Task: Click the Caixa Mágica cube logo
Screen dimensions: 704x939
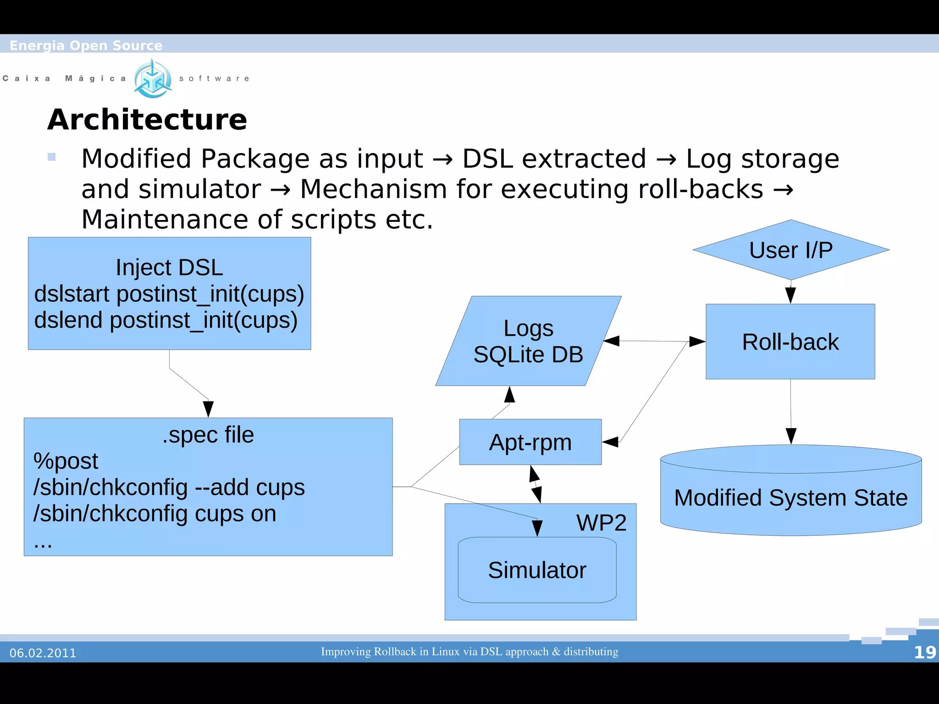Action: pyautogui.click(x=153, y=79)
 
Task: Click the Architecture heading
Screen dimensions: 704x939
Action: pyautogui.click(x=147, y=120)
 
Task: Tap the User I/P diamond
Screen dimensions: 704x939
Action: pyautogui.click(x=791, y=250)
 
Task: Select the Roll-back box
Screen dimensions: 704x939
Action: pyautogui.click(x=790, y=342)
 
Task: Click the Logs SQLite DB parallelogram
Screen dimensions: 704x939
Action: pyautogui.click(x=528, y=341)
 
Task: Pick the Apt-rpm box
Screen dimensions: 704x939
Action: pyautogui.click(x=530, y=442)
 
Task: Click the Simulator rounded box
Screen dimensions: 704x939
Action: pyautogui.click(x=537, y=570)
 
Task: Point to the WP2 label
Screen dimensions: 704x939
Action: pyautogui.click(x=601, y=522)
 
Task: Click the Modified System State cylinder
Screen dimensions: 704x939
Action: pyautogui.click(x=790, y=497)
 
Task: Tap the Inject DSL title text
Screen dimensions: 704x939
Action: pyautogui.click(x=169, y=267)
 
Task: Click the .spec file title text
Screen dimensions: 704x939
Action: pyautogui.click(x=208, y=434)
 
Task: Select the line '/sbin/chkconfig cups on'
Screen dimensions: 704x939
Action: pyautogui.click(x=155, y=513)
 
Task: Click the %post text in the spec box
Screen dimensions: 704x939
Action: pyautogui.click(x=66, y=461)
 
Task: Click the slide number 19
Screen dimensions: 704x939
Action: pyautogui.click(x=924, y=652)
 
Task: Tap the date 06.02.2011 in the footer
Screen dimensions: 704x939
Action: pyautogui.click(x=43, y=653)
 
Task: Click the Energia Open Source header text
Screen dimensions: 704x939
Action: pyautogui.click(x=86, y=45)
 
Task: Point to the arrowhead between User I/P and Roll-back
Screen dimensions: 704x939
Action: pyautogui.click(x=790, y=295)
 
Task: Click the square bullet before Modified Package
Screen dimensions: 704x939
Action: pyautogui.click(x=51, y=157)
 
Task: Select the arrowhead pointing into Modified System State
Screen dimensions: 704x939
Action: pyautogui.click(x=791, y=436)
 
